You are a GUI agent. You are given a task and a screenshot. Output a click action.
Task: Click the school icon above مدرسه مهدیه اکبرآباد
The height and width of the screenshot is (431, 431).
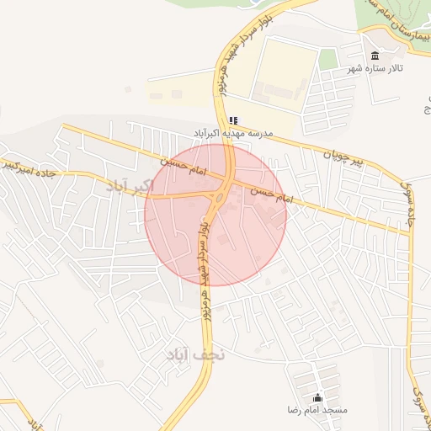click(x=233, y=120)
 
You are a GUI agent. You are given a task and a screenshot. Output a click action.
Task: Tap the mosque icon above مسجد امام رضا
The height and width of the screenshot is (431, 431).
click(x=317, y=397)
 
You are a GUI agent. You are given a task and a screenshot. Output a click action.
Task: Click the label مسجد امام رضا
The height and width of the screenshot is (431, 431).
click(x=317, y=410)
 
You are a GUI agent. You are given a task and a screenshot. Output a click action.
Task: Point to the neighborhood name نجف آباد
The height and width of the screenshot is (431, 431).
click(x=196, y=355)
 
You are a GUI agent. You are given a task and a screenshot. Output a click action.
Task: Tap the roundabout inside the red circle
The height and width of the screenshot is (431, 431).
click(x=217, y=200)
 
